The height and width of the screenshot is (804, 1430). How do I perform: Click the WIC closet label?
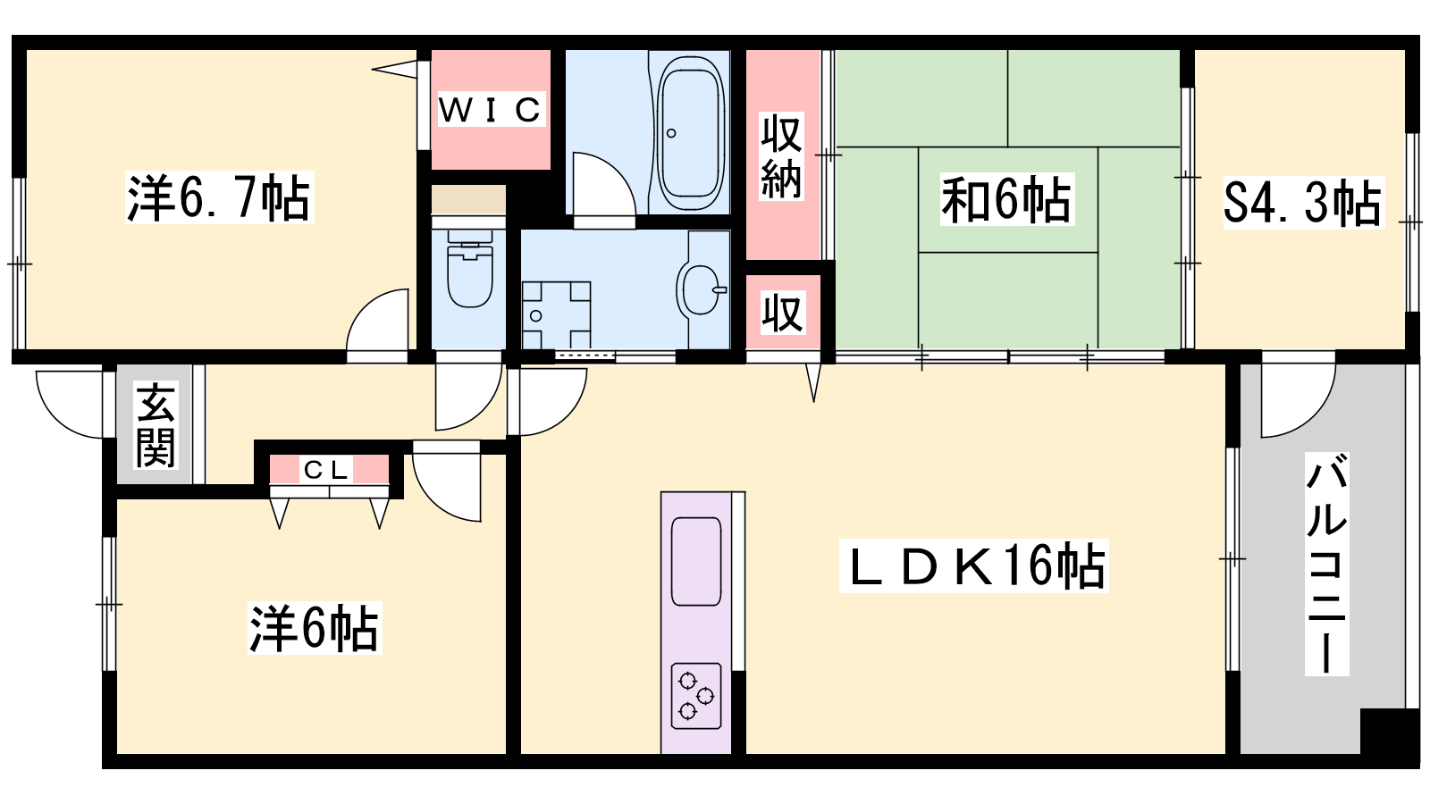coord(491,109)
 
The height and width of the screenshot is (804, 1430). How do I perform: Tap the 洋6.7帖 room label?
coord(219,197)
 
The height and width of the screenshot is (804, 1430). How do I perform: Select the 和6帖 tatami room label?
coord(1006,199)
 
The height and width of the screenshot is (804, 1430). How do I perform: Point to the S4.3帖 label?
coord(1303,202)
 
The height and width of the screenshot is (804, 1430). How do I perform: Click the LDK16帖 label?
coord(973,565)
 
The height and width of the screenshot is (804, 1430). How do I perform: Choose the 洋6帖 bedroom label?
coord(315,628)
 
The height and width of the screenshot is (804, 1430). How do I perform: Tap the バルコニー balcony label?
coord(1326,564)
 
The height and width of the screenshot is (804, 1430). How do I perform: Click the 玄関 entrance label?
coord(156,425)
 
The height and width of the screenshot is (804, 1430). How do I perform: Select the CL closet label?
coord(326,470)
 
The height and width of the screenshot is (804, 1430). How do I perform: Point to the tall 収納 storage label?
coord(781,156)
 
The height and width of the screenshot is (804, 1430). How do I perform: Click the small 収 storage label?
coord(782,313)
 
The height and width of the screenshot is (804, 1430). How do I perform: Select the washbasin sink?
coord(701,289)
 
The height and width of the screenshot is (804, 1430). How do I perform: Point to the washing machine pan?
coord(556,315)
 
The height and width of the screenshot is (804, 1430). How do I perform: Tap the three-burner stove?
coord(696,696)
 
